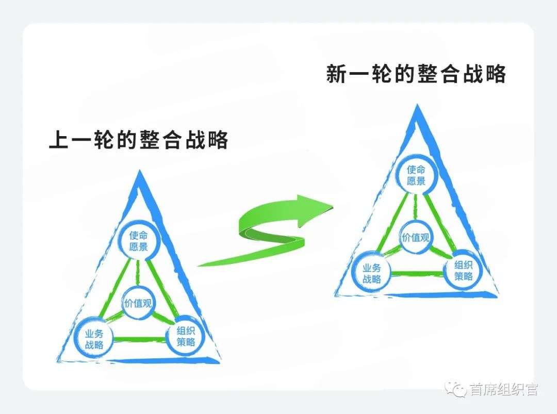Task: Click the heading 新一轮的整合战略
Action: [416, 74]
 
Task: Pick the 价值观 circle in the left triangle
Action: [138, 303]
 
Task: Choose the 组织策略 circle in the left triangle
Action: [186, 336]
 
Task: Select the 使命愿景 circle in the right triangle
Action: [416, 175]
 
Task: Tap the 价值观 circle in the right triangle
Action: [415, 238]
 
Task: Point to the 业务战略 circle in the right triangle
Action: [371, 273]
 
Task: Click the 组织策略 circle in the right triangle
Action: [463, 271]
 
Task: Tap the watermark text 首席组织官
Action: [503, 390]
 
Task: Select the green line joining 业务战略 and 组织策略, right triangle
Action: [417, 273]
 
